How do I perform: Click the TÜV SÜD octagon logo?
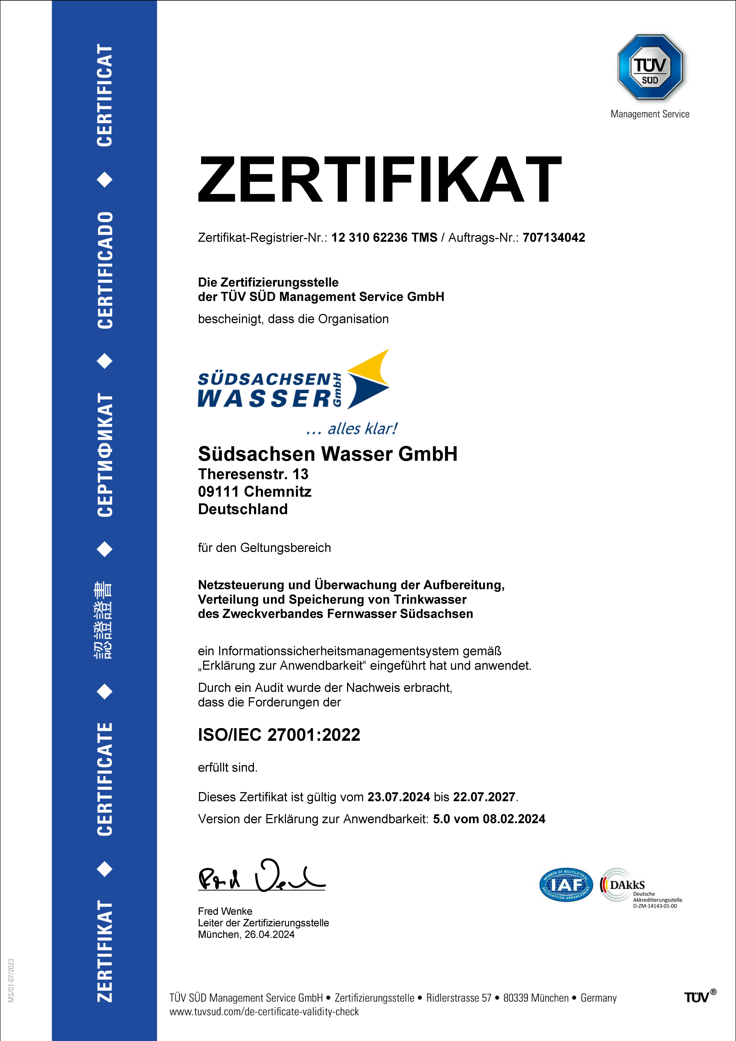click(650, 67)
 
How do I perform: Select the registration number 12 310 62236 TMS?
click(384, 238)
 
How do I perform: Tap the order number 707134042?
click(554, 238)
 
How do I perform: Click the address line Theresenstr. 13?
click(253, 474)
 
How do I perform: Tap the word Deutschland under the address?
click(243, 509)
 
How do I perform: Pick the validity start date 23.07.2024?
click(399, 797)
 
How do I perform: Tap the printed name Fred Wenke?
click(225, 911)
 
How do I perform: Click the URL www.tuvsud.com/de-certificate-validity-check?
click(264, 1011)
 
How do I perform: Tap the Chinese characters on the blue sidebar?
click(104, 620)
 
